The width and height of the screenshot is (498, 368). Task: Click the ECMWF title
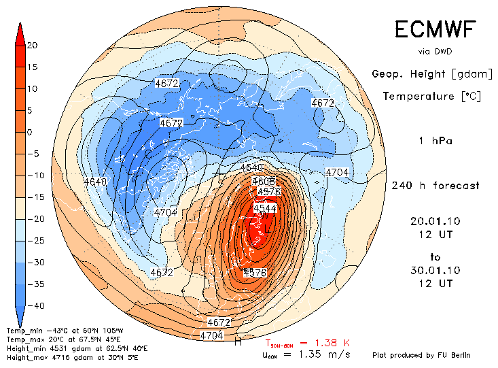435,29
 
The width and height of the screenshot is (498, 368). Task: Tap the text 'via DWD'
435,51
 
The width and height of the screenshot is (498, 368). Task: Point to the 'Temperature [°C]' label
431,97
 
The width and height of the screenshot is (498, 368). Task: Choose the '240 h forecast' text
435,186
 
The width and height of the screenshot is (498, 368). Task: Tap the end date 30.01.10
435,270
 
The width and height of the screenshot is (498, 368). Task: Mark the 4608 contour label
263,182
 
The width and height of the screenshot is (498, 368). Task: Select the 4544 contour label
265,208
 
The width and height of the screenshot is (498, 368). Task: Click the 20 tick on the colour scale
32,46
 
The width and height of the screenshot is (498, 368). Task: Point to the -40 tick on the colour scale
32,305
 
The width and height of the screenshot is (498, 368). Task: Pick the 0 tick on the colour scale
32,133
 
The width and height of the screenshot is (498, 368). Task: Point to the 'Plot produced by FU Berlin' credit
421,355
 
